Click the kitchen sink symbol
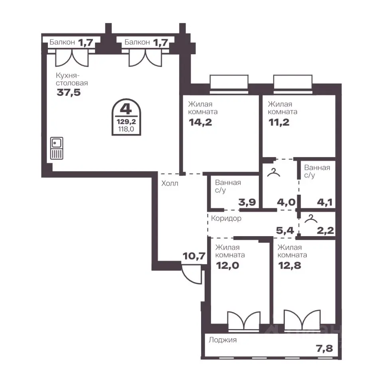pyautogui.click(x=57, y=148)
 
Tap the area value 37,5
pyautogui.click(x=69, y=93)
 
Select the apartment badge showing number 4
pyautogui.click(x=126, y=117)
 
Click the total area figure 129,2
pyautogui.click(x=126, y=122)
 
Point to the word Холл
pyautogui.click(x=170, y=183)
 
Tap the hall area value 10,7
pyautogui.click(x=194, y=256)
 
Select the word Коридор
pyautogui.click(x=226, y=218)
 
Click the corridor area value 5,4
pyautogui.click(x=285, y=230)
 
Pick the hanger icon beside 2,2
pyautogui.click(x=311, y=219)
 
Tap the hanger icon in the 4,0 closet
pyautogui.click(x=274, y=172)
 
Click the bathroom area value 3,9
pyautogui.click(x=247, y=202)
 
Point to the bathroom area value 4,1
pyautogui.click(x=325, y=202)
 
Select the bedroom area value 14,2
pyautogui.click(x=200, y=122)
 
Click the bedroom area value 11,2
pyautogui.click(x=279, y=122)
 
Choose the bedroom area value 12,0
pyautogui.click(x=228, y=266)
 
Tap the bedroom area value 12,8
pyautogui.click(x=290, y=266)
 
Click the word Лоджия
pyautogui.click(x=223, y=340)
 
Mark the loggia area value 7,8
pyautogui.click(x=325, y=349)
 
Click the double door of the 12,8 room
pyautogui.click(x=302, y=320)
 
